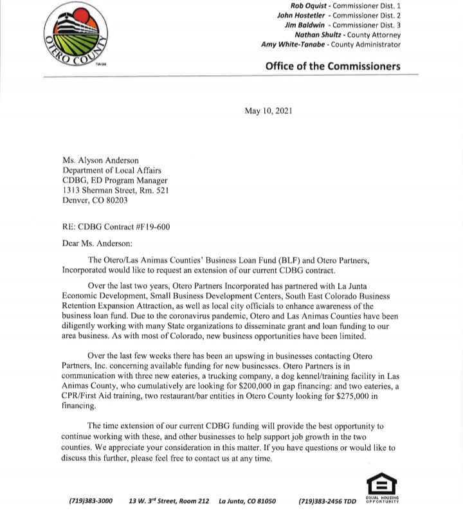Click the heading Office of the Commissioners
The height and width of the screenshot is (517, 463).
(332, 66)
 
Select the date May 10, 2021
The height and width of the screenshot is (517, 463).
(268, 111)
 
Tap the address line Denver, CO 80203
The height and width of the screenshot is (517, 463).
(95, 200)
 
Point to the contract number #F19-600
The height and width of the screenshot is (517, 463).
(150, 226)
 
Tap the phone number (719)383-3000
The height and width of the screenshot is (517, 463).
(91, 501)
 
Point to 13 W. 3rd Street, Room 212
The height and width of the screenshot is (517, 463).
(169, 501)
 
